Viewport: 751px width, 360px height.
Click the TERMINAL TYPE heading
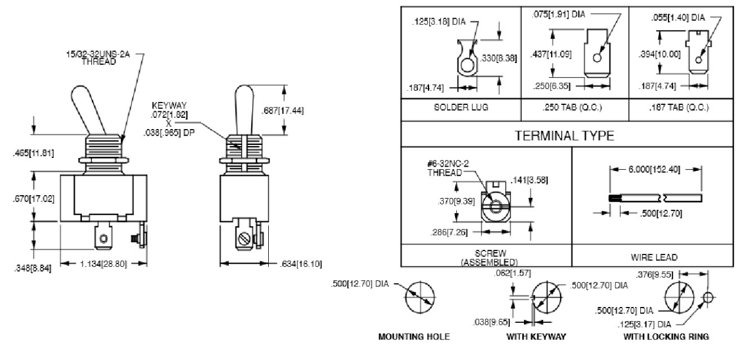pyautogui.click(x=564, y=136)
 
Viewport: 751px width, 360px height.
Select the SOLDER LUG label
pyautogui.click(x=461, y=107)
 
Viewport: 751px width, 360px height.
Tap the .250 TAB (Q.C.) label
pyautogui.click(x=572, y=107)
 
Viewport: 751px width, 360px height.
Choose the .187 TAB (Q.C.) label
pyautogui.click(x=679, y=107)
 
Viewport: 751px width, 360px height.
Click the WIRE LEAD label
pyautogui.click(x=654, y=257)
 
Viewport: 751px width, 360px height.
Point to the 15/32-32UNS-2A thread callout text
pyautogui.click(x=98, y=58)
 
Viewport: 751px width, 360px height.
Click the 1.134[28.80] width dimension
pyautogui.click(x=104, y=264)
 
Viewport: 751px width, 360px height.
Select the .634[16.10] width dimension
pyautogui.click(x=301, y=264)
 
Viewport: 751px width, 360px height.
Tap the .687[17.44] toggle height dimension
pyautogui.click(x=282, y=111)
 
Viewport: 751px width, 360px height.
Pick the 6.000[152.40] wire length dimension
pyautogui.click(x=654, y=169)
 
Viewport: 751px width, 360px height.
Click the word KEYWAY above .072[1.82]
pyautogui.click(x=169, y=105)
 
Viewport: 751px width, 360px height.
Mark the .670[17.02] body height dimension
pyautogui.click(x=33, y=199)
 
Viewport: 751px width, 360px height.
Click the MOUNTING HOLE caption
pyautogui.click(x=414, y=336)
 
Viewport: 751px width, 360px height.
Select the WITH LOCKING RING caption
pyautogui.click(x=666, y=336)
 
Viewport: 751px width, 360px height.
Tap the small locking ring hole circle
pyautogui.click(x=708, y=298)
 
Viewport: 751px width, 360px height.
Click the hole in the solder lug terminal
pyautogui.click(x=467, y=65)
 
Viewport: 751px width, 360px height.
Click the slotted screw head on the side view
pyautogui.click(x=244, y=239)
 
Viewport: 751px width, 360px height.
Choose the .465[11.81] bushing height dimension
pyautogui.click(x=33, y=153)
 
